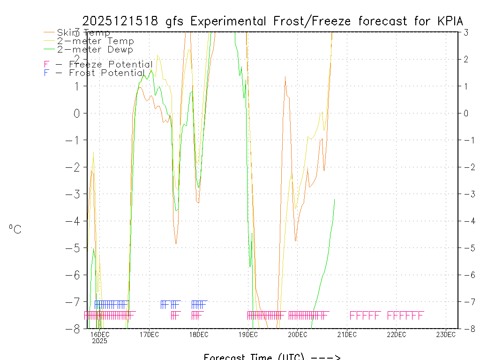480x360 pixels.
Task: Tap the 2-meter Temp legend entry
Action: (x=95, y=41)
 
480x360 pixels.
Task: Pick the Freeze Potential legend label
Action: (x=111, y=64)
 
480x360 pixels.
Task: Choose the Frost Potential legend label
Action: (x=107, y=73)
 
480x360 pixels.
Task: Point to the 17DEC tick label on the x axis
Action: (x=149, y=334)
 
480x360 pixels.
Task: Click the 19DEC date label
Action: (x=248, y=334)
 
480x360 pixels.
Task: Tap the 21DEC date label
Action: (x=347, y=334)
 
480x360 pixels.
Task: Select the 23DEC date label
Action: (x=446, y=334)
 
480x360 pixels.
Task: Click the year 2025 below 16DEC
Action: (x=99, y=341)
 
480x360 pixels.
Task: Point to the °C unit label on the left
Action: (x=15, y=229)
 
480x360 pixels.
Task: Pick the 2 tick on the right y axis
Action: (x=466, y=59)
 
